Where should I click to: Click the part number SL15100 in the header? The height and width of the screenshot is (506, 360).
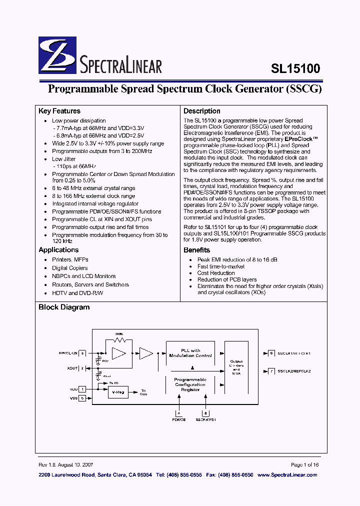point(295,68)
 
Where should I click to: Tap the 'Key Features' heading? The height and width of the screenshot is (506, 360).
point(59,111)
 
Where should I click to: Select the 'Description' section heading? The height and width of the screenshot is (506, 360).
point(201,111)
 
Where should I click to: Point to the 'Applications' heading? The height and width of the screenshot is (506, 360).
point(58,250)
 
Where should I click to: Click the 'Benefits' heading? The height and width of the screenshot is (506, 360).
point(196,250)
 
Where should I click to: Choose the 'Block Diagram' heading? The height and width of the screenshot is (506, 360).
point(64,307)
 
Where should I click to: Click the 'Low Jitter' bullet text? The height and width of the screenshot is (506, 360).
point(64,159)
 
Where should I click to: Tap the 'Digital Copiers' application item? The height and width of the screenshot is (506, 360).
point(69,268)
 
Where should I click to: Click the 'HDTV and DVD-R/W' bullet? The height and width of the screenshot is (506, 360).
point(77,293)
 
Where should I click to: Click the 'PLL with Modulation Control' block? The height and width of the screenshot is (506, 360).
point(190,353)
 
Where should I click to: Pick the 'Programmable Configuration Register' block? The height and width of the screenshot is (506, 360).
point(190,384)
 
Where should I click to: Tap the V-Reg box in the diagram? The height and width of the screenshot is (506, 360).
point(118,392)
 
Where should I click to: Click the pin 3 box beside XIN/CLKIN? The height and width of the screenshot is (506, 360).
point(82,353)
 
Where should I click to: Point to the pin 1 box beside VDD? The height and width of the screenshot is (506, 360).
point(82,388)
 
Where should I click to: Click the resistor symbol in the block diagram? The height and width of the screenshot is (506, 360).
point(119,339)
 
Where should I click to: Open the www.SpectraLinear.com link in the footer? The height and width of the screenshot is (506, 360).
point(287,474)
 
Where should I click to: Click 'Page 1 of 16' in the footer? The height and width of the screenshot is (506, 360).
point(304,464)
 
